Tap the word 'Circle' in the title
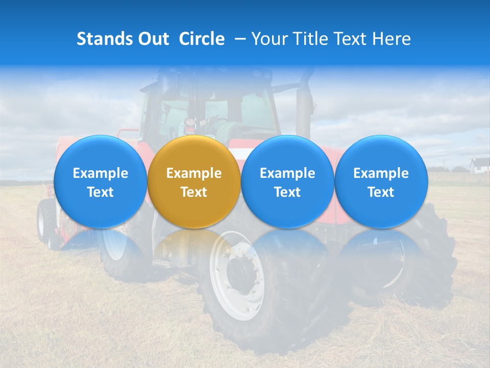[x=202, y=39]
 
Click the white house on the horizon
[x=480, y=165]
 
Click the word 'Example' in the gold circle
[x=194, y=173]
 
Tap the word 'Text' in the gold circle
[x=194, y=192]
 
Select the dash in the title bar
[x=238, y=39]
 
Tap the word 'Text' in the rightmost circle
[x=381, y=192]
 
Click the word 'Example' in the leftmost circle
[x=101, y=173]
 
